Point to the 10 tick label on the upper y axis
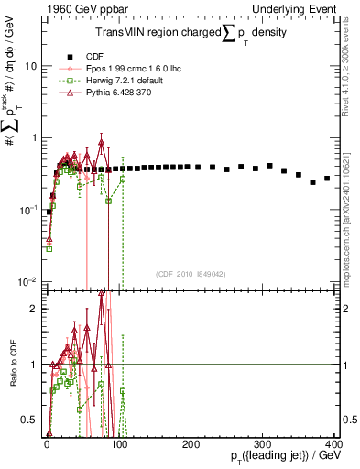tap(31, 66)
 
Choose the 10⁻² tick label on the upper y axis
tap(29, 279)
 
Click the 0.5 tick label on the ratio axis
tap(30, 420)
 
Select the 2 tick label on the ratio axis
tap(35, 308)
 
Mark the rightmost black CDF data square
tap(327, 179)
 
